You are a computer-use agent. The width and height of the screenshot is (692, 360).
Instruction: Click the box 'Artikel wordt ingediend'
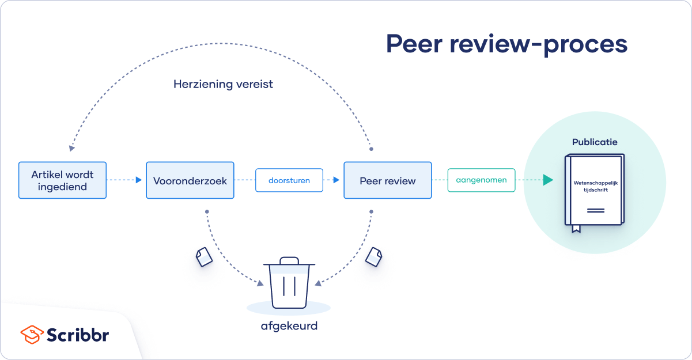click(x=62, y=180)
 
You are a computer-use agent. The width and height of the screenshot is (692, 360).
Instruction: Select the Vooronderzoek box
click(x=190, y=180)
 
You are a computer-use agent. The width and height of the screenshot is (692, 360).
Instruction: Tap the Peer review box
click(x=388, y=180)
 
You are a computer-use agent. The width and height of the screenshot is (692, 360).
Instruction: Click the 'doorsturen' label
click(x=289, y=180)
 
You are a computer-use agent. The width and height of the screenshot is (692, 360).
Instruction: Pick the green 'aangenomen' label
click(x=481, y=180)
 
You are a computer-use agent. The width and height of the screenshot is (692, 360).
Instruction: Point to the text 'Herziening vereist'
click(x=223, y=84)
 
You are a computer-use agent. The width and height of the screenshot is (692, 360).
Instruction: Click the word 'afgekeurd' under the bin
click(x=289, y=326)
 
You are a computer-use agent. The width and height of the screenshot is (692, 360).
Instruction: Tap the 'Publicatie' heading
click(x=595, y=142)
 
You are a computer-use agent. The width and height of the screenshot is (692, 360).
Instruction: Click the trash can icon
click(x=289, y=282)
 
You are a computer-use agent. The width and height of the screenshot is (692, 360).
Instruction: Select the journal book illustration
click(x=595, y=193)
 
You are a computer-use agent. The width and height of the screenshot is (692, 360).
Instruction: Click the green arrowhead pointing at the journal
click(x=548, y=180)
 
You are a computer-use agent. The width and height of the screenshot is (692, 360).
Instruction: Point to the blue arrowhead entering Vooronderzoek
click(x=139, y=180)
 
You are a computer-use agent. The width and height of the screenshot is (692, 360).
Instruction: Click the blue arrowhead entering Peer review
click(x=336, y=180)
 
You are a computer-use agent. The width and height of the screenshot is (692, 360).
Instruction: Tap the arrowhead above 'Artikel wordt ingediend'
click(x=71, y=149)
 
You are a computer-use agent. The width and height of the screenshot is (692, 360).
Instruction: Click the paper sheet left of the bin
click(x=204, y=257)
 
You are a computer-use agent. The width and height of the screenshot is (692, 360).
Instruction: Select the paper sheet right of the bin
click(x=374, y=257)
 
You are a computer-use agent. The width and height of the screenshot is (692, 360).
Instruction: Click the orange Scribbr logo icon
click(x=32, y=335)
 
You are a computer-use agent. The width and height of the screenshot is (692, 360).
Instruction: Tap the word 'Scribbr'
click(x=78, y=335)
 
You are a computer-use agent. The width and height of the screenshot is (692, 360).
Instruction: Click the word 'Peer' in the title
click(x=414, y=44)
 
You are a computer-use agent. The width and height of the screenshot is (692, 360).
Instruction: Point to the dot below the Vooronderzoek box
click(x=207, y=212)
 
